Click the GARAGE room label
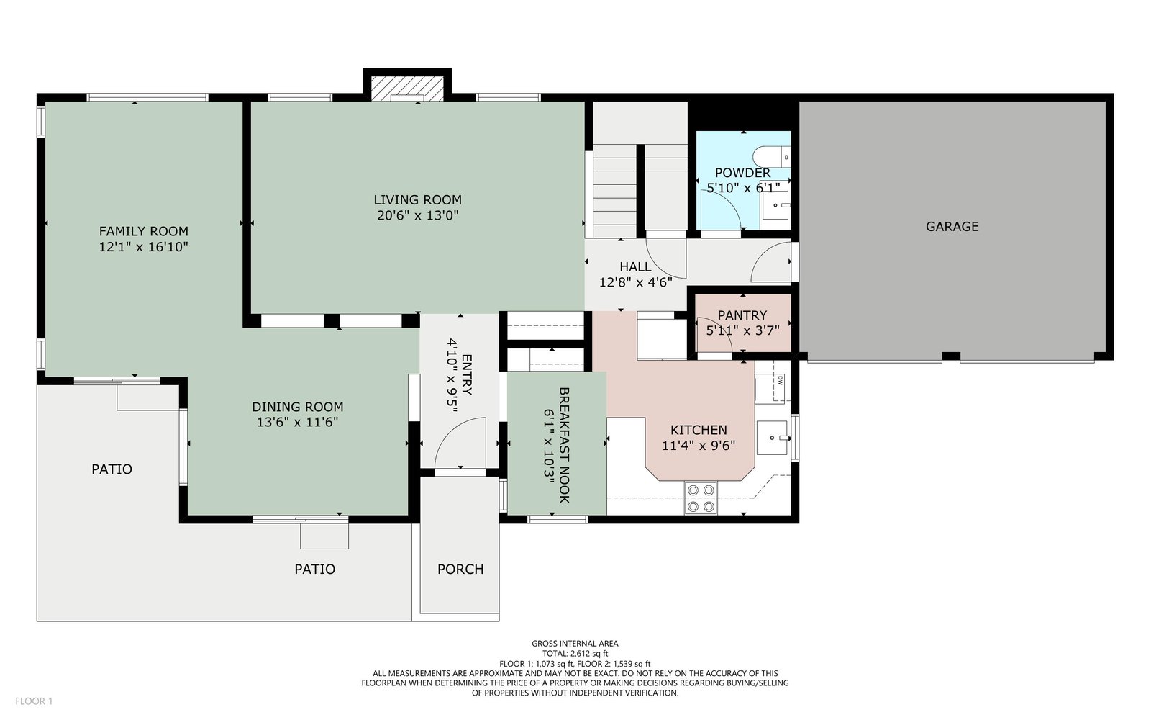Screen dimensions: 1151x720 952,226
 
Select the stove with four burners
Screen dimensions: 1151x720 701,498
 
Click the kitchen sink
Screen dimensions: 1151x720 772,438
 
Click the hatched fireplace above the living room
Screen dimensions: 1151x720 407,89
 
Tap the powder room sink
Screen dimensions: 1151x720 775,205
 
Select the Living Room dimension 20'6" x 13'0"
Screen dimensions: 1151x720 418,215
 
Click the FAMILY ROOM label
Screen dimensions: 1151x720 144,231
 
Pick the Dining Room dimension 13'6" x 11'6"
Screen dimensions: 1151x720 298,422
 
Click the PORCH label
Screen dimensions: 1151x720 460,570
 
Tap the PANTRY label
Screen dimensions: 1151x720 742,315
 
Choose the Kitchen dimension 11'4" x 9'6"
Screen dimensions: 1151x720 699,446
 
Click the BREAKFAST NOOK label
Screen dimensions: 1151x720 564,446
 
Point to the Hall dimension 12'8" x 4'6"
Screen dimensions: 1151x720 636,282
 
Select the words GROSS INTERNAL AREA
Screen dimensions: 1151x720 575,644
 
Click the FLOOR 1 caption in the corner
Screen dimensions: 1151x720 34,701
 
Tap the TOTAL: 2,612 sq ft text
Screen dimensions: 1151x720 575,654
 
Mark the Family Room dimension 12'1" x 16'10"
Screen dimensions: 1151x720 144,248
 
